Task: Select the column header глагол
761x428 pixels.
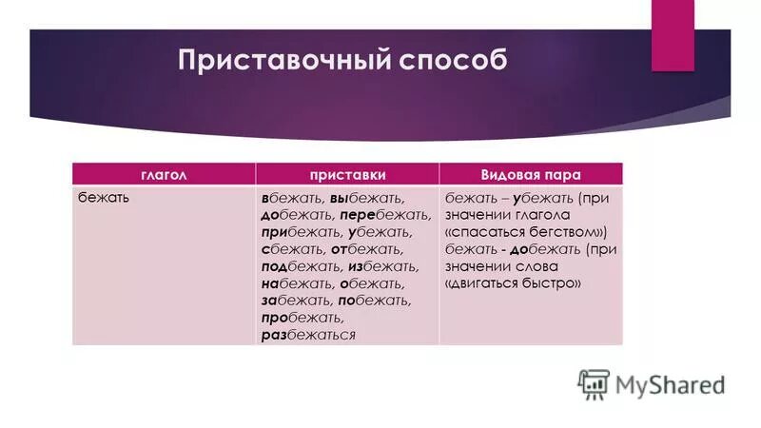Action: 164,175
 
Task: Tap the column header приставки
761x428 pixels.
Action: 347,175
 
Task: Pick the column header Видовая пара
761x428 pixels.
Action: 531,175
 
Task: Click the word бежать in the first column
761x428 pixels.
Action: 104,198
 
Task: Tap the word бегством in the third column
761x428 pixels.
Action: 557,233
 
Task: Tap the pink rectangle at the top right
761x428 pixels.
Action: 673,34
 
